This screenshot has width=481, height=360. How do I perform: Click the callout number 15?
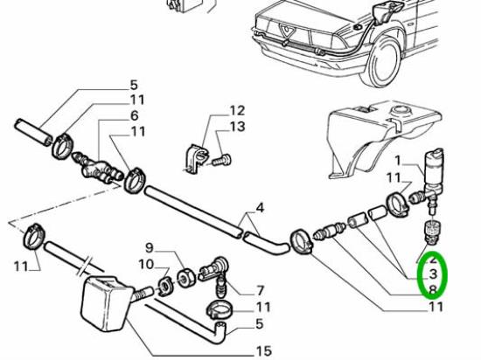coord(263,351)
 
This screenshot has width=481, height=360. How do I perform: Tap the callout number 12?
coord(237,111)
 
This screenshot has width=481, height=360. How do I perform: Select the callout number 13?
coord(237,127)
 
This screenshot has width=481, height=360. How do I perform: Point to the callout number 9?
coord(149,247)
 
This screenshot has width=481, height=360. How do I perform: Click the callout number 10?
coord(146,264)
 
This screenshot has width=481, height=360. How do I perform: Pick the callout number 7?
coord(260,290)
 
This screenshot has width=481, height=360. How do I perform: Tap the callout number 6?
coord(135,116)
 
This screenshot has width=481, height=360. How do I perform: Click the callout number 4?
coord(260,208)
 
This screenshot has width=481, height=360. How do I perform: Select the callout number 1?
coord(398,160)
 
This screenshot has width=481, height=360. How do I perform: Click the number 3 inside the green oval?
coord(433,273)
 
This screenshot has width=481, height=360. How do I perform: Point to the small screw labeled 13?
coord(221,161)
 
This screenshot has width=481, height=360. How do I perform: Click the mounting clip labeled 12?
coord(195,158)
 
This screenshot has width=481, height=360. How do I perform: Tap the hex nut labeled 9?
coord(185,277)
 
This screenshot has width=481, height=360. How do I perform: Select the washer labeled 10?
coord(165,287)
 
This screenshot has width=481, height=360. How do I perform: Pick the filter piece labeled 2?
coord(431,232)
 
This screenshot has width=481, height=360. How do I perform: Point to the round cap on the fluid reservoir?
coord(401,108)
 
